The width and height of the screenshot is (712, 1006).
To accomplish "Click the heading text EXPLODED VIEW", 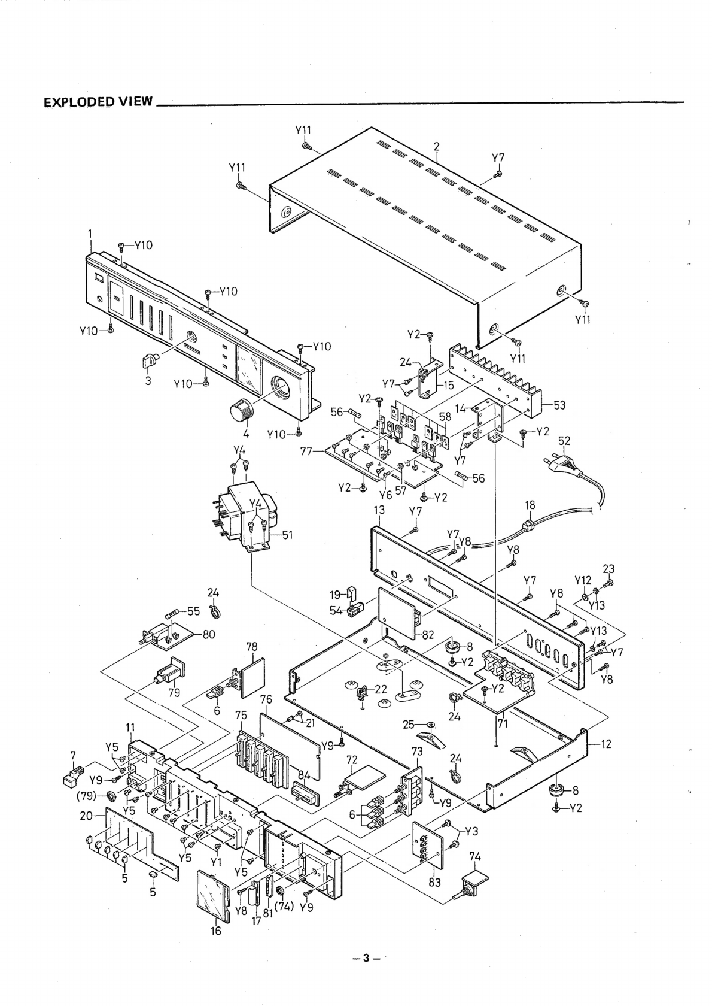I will pos(99,101).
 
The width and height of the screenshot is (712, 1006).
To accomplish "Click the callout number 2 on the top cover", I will pos(437,146).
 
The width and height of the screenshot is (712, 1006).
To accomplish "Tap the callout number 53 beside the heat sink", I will pos(559,405).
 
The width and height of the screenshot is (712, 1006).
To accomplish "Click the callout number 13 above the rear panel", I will pos(379,510).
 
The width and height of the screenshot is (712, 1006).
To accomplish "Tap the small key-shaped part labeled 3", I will pos(150,362).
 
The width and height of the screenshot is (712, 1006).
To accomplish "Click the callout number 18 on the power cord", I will pos(530,505).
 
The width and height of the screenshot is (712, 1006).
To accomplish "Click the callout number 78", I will pos(252,647).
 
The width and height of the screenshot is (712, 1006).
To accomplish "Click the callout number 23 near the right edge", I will pos(608,569).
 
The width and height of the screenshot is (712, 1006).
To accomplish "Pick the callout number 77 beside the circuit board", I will pos(306,449).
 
